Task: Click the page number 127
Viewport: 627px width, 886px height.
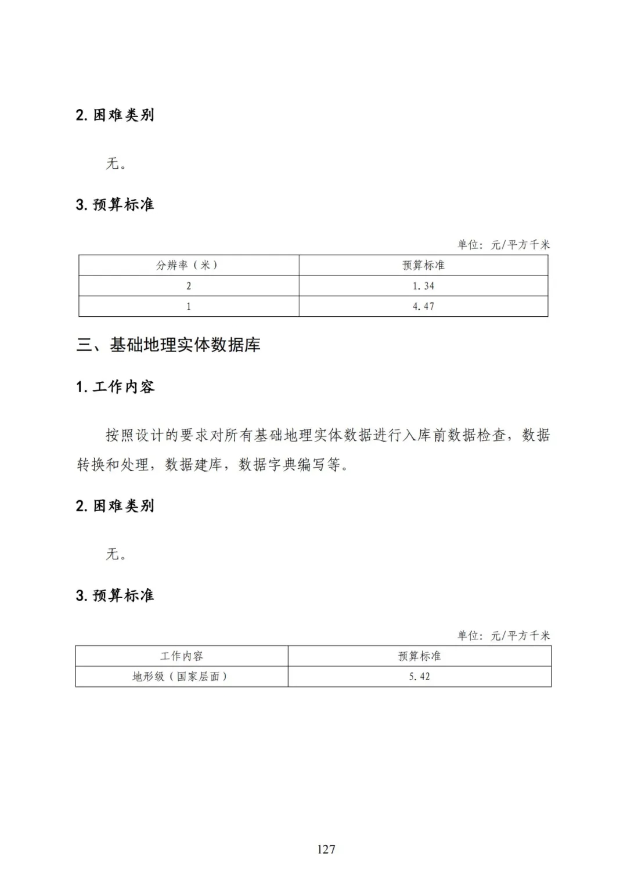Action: pos(326,849)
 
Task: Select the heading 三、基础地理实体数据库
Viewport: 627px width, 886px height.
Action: pos(168,345)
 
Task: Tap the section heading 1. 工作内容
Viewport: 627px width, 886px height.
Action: pos(115,387)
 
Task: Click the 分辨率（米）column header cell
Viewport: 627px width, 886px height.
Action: pos(188,265)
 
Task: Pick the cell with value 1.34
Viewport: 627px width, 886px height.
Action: pos(423,286)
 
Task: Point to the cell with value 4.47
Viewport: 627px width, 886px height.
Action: pos(423,306)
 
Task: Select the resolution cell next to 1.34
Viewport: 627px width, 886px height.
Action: pos(188,286)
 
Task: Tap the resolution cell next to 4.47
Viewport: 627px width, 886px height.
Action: pos(188,306)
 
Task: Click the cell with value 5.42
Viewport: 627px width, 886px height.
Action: pos(419,677)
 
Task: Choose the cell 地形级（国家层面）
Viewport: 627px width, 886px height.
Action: pos(181,677)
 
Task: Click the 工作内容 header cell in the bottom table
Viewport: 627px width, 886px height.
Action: pos(182,656)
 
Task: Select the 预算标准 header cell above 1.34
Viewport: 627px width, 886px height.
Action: pos(423,265)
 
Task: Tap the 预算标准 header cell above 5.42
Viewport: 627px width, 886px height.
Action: pos(419,656)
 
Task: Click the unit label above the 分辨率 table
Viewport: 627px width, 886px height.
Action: pos(503,245)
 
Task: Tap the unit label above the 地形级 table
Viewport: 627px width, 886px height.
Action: pos(503,636)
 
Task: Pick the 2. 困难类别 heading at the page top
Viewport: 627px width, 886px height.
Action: pos(115,115)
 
